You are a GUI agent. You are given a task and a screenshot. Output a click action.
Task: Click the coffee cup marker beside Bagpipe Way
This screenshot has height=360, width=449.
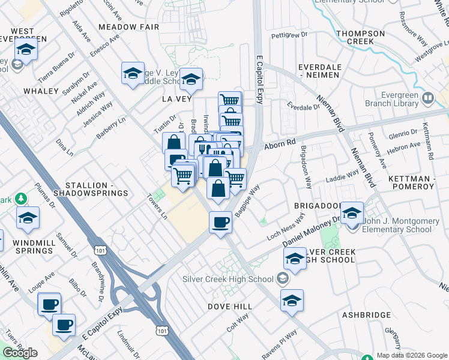(220, 223)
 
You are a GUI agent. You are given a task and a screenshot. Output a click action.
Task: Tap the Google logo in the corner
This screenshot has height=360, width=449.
(20, 353)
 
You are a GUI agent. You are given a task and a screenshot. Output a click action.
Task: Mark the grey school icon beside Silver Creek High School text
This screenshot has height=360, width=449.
(282, 279)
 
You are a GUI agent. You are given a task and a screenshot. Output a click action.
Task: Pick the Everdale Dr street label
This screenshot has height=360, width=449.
(303, 107)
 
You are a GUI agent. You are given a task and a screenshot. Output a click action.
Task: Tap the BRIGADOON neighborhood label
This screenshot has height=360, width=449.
(316, 205)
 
